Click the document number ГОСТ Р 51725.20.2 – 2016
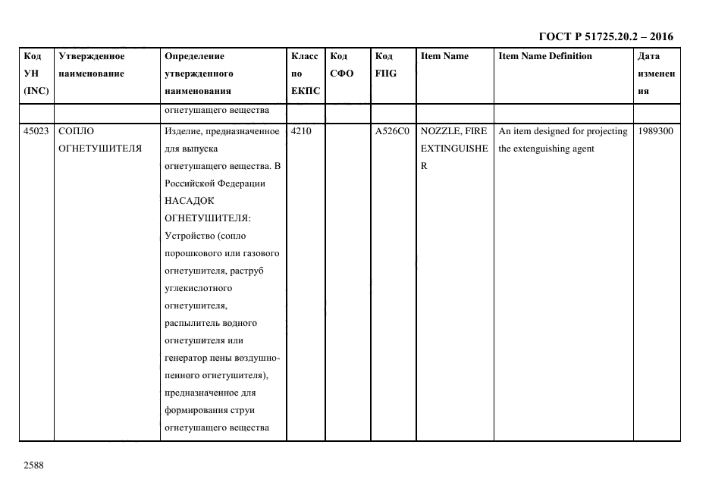tap(605, 36)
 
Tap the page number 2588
tap(34, 465)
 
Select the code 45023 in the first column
tap(36, 131)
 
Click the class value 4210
tap(300, 131)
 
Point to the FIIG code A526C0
tap(392, 131)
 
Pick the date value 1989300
tap(656, 131)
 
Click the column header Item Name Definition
tap(545, 56)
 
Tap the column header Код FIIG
tap(386, 65)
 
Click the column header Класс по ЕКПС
tap(305, 74)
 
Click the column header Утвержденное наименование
tap(92, 65)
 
